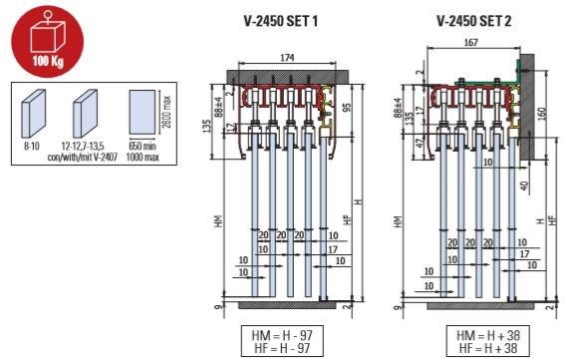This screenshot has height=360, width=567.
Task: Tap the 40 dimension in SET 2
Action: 523,182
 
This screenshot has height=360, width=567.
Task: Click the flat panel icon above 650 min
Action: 143,113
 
